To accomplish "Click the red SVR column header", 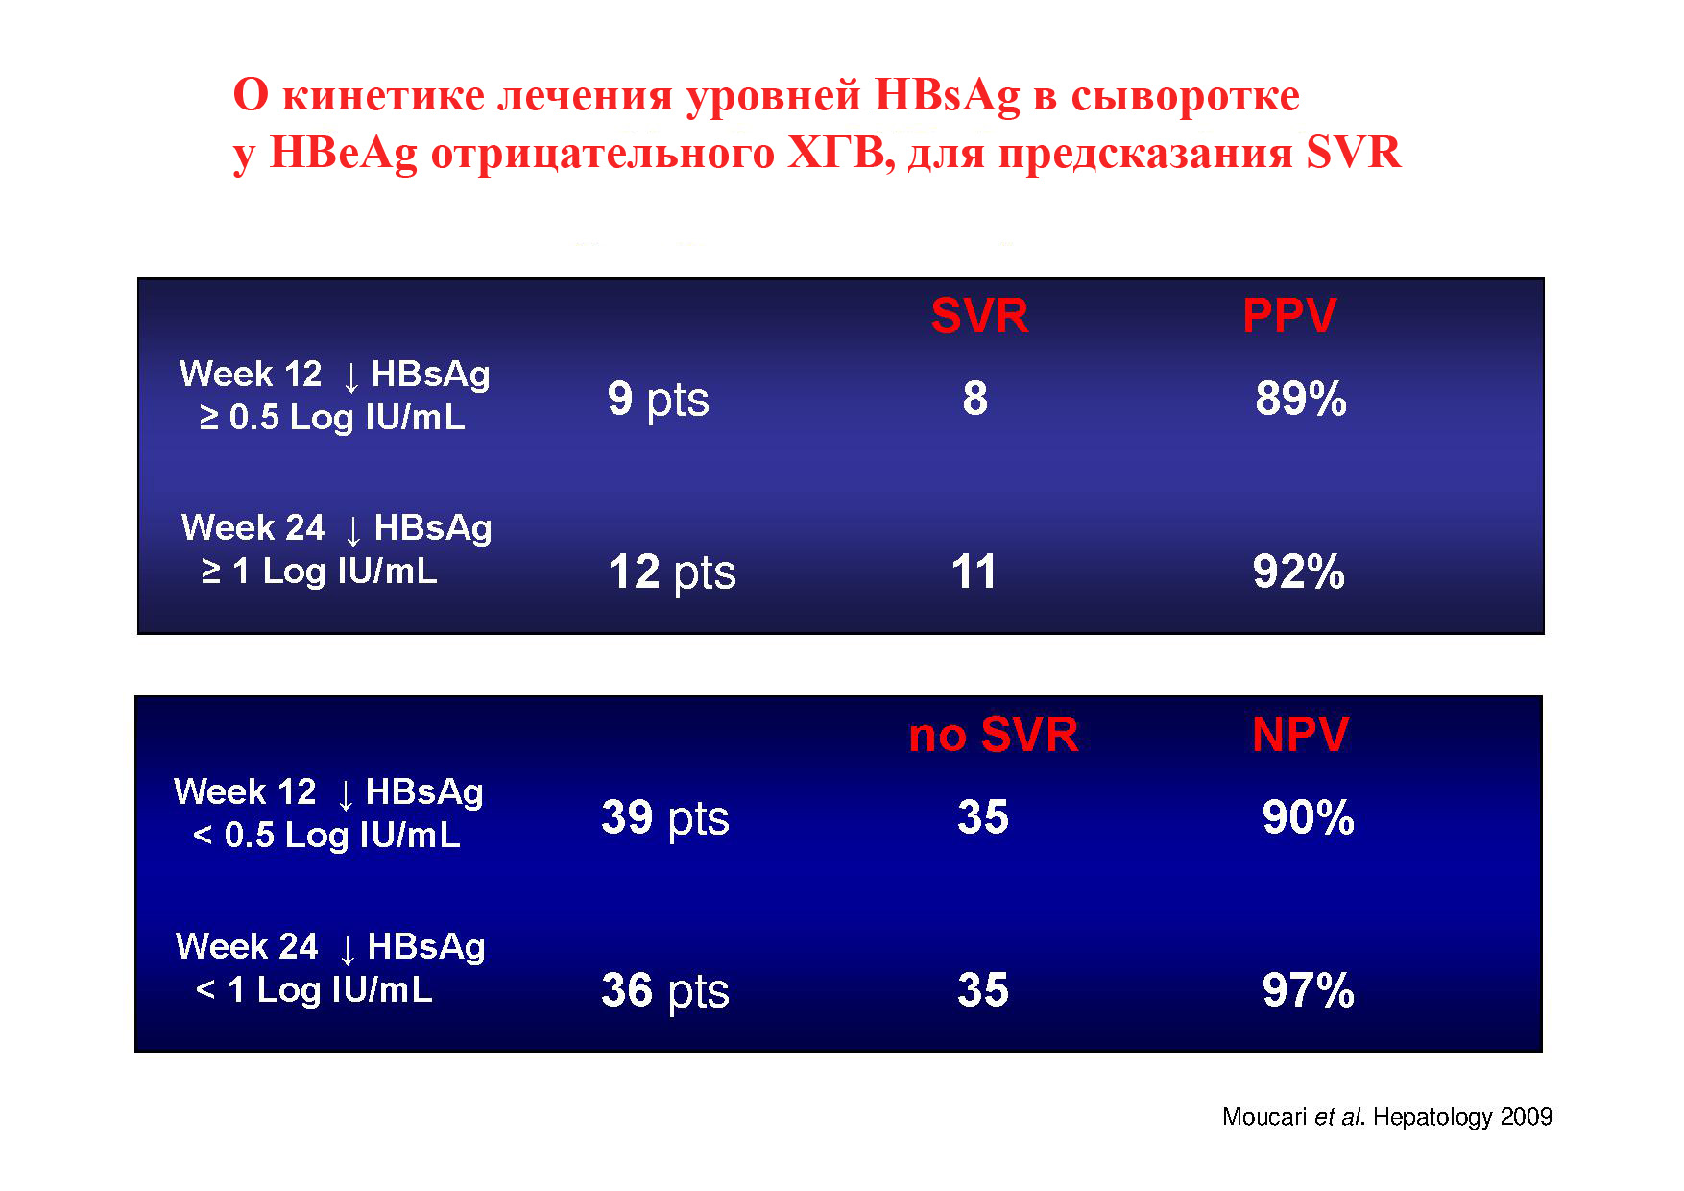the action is click(979, 316).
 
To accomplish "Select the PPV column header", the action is click(1289, 316).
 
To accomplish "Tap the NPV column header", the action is click(1301, 735).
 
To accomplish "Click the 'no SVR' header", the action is click(994, 735).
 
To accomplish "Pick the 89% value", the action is click(1301, 399).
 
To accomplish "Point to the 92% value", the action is click(1299, 571).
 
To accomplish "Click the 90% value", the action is click(1309, 817).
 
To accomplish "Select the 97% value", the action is click(1309, 990).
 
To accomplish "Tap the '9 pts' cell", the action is click(659, 400).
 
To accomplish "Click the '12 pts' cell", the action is click(672, 573).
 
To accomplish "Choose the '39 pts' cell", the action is click(665, 818).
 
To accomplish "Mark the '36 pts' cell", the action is click(665, 991).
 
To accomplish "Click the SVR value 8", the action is click(975, 399).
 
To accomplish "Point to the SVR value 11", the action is click(974, 571).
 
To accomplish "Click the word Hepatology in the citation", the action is click(1433, 1117).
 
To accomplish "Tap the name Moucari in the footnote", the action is click(1264, 1117).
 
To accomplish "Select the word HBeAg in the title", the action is click(344, 154).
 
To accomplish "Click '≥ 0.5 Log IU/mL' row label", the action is click(332, 418).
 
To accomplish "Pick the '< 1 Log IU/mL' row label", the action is click(314, 990).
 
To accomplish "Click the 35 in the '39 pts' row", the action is click(983, 817).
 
